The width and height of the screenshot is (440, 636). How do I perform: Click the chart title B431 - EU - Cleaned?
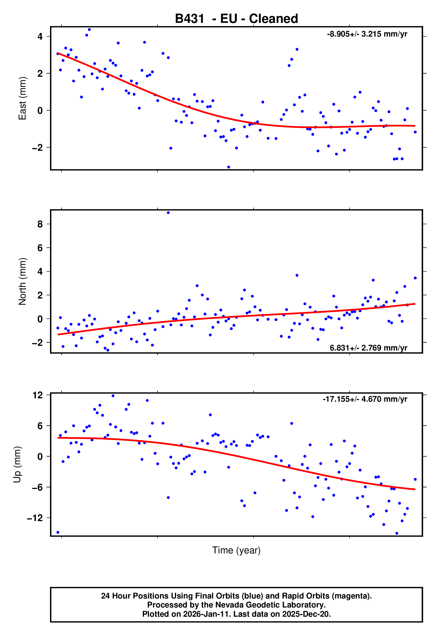point(236,19)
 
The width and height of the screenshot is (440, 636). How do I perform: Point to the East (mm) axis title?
point(22,98)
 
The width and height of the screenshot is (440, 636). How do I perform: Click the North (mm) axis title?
point(22,281)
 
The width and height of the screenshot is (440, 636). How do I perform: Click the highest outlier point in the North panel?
point(168,213)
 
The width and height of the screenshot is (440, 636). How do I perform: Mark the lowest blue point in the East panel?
point(229,167)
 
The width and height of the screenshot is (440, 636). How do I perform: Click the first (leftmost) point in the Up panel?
point(58,532)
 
